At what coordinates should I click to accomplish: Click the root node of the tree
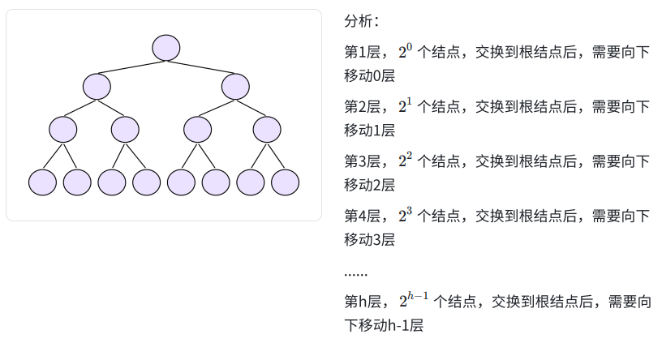click(165, 47)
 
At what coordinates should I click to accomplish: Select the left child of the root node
click(97, 86)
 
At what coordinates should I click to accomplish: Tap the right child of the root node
click(235, 86)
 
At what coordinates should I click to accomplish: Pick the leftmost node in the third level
click(62, 129)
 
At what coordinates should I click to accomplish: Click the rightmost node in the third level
click(267, 129)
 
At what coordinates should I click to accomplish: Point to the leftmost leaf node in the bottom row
click(42, 182)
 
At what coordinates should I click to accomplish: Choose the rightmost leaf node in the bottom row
click(285, 182)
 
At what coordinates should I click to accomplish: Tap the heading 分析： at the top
click(362, 20)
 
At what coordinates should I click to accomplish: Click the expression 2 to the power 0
click(406, 52)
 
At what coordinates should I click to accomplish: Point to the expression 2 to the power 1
click(406, 105)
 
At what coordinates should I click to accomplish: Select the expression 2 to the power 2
click(406, 160)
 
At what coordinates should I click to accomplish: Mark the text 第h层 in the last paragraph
click(363, 302)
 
